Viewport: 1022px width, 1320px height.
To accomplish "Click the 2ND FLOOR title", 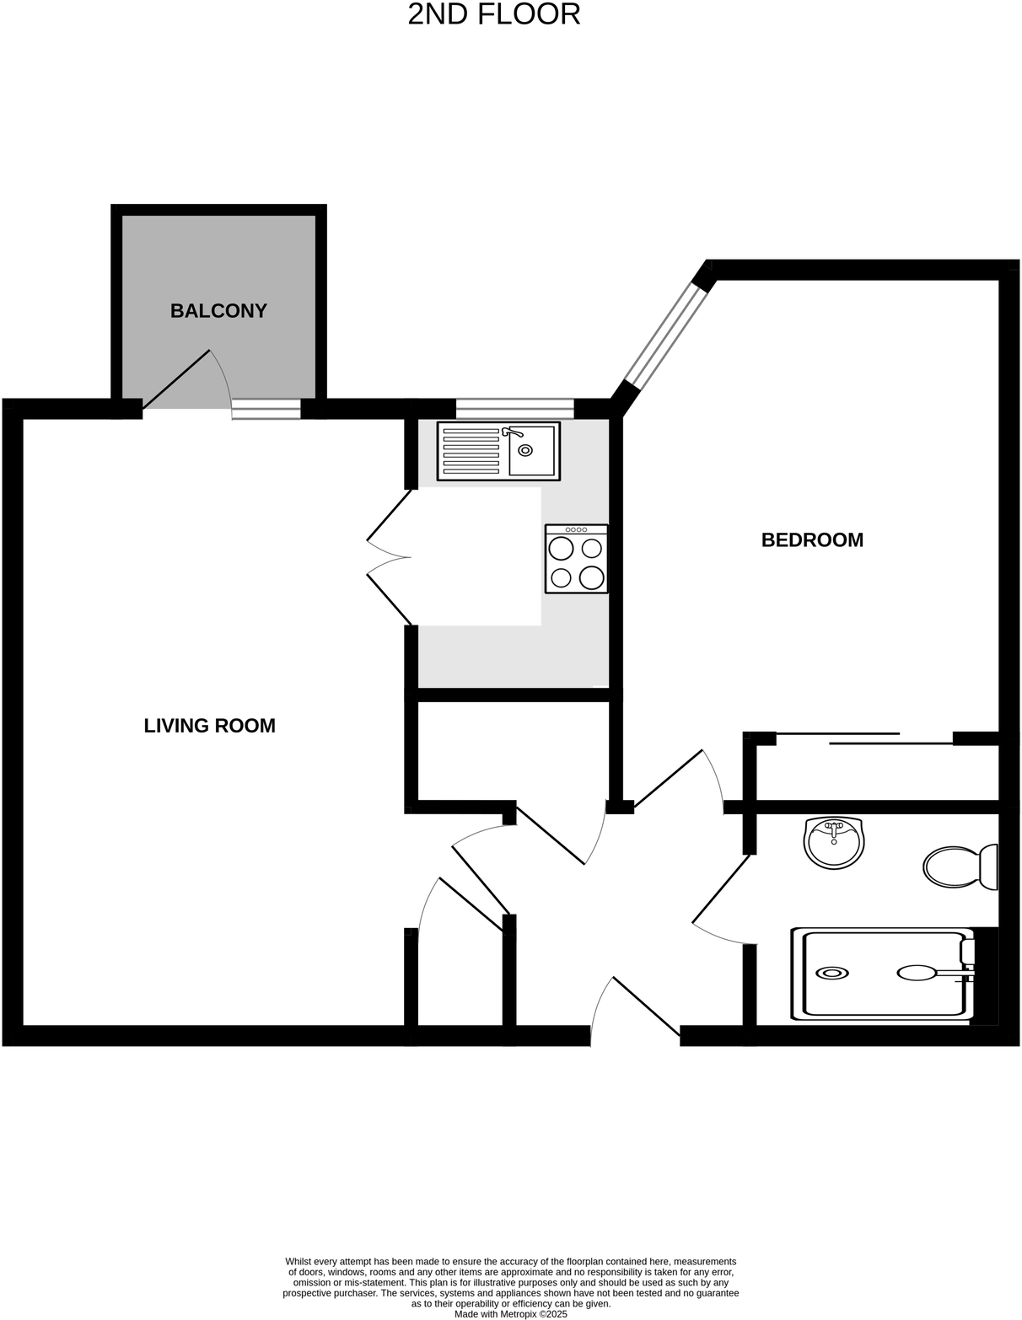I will click(494, 14).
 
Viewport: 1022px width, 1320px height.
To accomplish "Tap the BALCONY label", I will click(218, 311).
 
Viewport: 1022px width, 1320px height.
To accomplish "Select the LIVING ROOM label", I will click(209, 726).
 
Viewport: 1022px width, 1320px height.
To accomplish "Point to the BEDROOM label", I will click(812, 540).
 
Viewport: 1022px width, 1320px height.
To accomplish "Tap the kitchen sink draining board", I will click(471, 451).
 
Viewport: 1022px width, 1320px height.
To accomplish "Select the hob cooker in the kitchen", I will click(576, 559).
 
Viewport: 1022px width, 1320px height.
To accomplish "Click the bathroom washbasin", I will click(833, 842).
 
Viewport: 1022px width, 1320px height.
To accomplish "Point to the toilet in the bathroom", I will click(960, 867).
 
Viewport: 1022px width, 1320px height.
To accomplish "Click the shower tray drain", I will click(833, 973).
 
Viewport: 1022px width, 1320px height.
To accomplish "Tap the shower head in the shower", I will click(917, 973).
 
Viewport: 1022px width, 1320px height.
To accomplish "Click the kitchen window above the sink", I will click(514, 410).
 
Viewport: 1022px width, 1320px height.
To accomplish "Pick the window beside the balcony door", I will click(266, 410).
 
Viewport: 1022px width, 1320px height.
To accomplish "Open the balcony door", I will click(177, 379).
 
